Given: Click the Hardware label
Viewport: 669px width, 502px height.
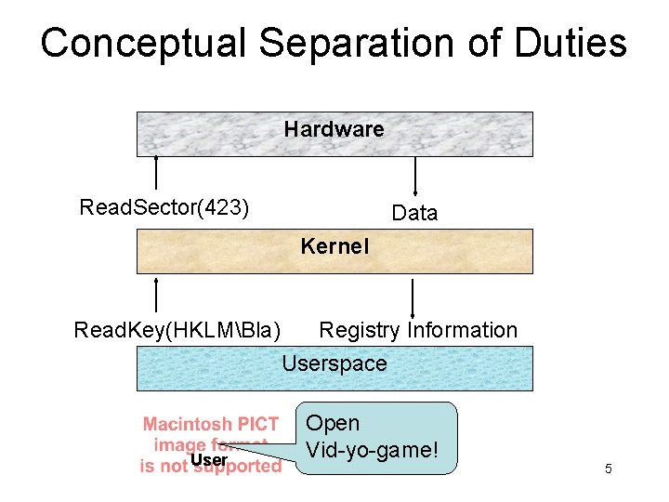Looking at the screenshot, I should pyautogui.click(x=334, y=129).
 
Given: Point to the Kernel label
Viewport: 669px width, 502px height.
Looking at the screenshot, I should pyautogui.click(x=334, y=247).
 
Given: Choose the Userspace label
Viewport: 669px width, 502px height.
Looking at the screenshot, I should pyautogui.click(x=334, y=363).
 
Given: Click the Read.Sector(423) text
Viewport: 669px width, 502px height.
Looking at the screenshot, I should pyautogui.click(x=164, y=206).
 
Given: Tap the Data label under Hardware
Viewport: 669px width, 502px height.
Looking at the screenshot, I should pyautogui.click(x=414, y=213).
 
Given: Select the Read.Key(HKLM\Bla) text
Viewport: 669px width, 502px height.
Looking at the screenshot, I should pyautogui.click(x=177, y=330).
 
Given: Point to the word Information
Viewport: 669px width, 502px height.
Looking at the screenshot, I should pyautogui.click(x=462, y=330).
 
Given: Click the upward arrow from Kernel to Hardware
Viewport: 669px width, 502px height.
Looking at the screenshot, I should pyautogui.click(x=156, y=175).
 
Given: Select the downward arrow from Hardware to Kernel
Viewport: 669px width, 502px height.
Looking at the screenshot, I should pyautogui.click(x=414, y=177).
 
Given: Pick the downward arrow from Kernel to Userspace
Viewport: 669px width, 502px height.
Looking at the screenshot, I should pyautogui.click(x=413, y=297).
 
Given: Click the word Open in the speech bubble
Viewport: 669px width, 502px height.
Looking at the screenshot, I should pyautogui.click(x=333, y=423).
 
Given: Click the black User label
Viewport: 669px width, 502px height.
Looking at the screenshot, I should pyautogui.click(x=208, y=459).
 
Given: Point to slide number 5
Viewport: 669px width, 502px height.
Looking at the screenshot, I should pyautogui.click(x=608, y=469).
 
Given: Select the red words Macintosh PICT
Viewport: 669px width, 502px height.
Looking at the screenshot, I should pyautogui.click(x=211, y=425).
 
